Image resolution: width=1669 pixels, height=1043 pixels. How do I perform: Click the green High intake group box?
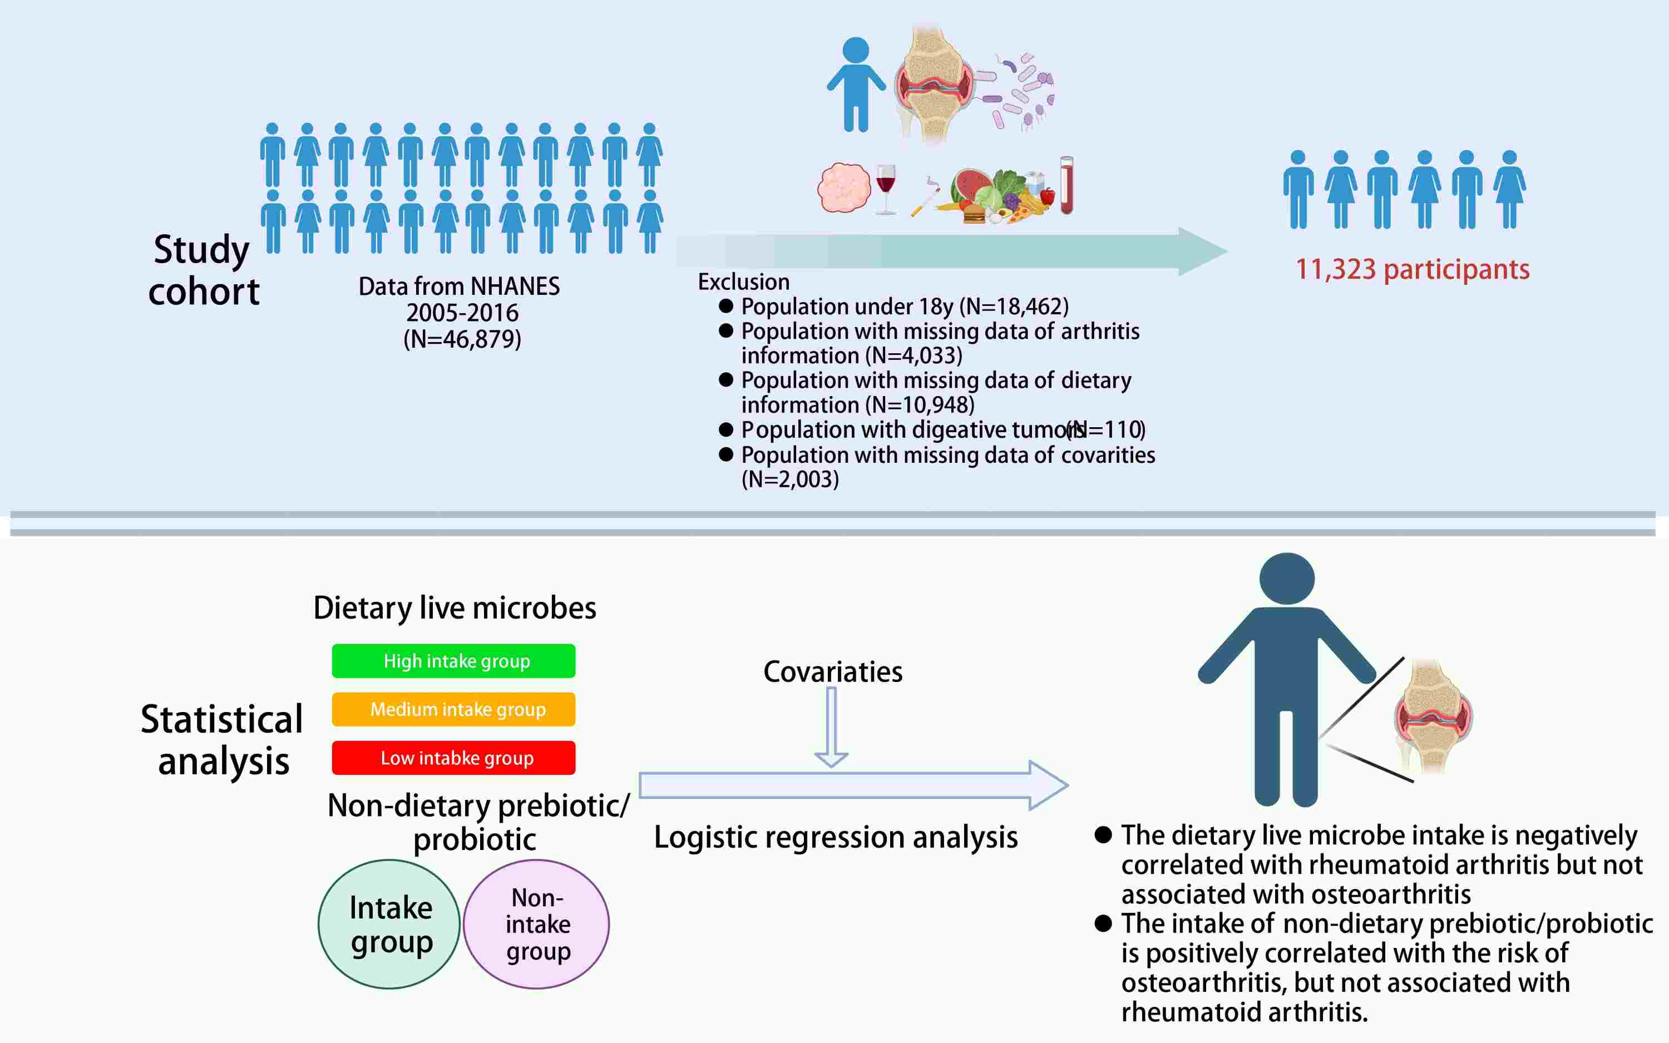pyautogui.click(x=453, y=661)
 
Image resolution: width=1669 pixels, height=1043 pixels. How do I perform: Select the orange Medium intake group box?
pyautogui.click(x=453, y=709)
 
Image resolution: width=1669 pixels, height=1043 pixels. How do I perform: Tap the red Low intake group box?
pyautogui.click(x=453, y=758)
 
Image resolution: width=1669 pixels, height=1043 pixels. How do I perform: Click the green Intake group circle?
pyautogui.click(x=389, y=923)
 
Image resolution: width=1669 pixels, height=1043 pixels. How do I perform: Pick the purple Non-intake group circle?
pyautogui.click(x=536, y=923)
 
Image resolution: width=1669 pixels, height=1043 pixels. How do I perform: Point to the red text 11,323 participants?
pyautogui.click(x=1413, y=269)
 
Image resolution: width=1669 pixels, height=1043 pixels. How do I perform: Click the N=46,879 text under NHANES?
pyautogui.click(x=462, y=339)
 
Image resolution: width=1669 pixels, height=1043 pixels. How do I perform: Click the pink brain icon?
pyautogui.click(x=843, y=187)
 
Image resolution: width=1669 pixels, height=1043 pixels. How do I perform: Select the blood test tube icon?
pyautogui.click(x=1066, y=185)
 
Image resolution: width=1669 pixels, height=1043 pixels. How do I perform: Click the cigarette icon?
pyautogui.click(x=925, y=198)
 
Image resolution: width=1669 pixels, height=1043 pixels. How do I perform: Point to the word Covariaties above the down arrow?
pyautogui.click(x=832, y=672)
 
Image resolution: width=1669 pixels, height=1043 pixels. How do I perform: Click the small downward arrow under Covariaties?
pyautogui.click(x=831, y=728)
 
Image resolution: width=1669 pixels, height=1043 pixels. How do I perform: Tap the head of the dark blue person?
pyautogui.click(x=1287, y=579)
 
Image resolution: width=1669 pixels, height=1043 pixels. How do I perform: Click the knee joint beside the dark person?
pyautogui.click(x=1433, y=718)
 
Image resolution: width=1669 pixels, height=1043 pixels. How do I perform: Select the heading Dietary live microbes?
pyautogui.click(x=455, y=608)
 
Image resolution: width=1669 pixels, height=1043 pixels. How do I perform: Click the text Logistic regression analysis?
pyautogui.click(x=836, y=837)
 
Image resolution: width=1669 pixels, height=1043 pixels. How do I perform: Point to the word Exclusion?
pyautogui.click(x=743, y=281)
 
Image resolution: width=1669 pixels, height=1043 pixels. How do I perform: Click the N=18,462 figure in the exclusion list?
pyautogui.click(x=1014, y=307)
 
